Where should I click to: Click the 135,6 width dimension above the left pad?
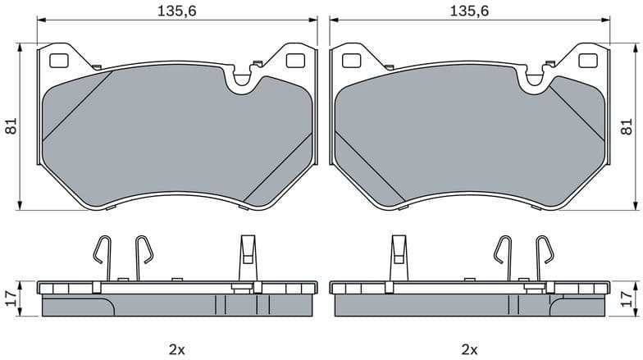[178, 11]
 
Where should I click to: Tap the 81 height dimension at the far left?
[11, 126]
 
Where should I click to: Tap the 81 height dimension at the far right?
[627, 126]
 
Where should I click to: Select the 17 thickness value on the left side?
[11, 298]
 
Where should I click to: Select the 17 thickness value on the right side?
[627, 298]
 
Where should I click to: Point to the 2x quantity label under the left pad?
[177, 350]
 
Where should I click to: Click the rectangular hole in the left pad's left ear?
[60, 60]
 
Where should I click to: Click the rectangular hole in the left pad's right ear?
[296, 60]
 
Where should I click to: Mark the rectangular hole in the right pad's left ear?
[351, 60]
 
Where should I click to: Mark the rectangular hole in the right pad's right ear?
[587, 60]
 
